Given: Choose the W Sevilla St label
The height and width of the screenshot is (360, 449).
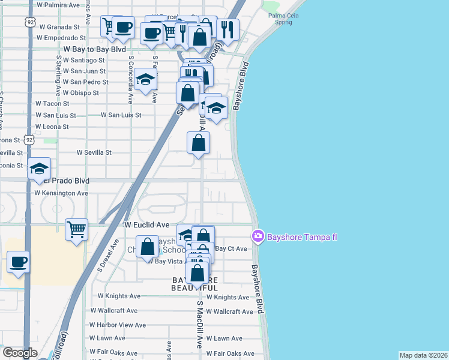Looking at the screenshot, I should click(94, 152).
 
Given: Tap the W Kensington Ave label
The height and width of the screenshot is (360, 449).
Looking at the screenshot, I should click(61, 193).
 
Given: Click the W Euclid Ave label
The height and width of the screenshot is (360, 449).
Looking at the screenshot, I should click(147, 224).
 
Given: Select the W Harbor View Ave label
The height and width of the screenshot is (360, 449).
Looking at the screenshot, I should click(118, 325).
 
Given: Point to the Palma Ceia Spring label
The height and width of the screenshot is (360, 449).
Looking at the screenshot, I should click(280, 19).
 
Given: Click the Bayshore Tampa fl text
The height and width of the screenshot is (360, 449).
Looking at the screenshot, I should click(302, 236).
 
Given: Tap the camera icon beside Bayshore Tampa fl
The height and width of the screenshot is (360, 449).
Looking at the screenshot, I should click(258, 236).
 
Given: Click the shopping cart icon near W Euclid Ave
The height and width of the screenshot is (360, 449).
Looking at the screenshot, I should click(77, 229).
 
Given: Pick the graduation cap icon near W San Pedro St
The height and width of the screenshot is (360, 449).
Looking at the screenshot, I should click(145, 79).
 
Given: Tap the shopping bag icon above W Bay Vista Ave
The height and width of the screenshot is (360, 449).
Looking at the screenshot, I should click(147, 247).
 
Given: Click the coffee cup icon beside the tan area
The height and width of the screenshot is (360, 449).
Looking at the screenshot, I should click(18, 262).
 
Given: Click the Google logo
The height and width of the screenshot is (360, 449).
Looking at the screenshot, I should click(20, 353).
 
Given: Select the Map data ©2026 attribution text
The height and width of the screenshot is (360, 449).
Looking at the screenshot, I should click(423, 355).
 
